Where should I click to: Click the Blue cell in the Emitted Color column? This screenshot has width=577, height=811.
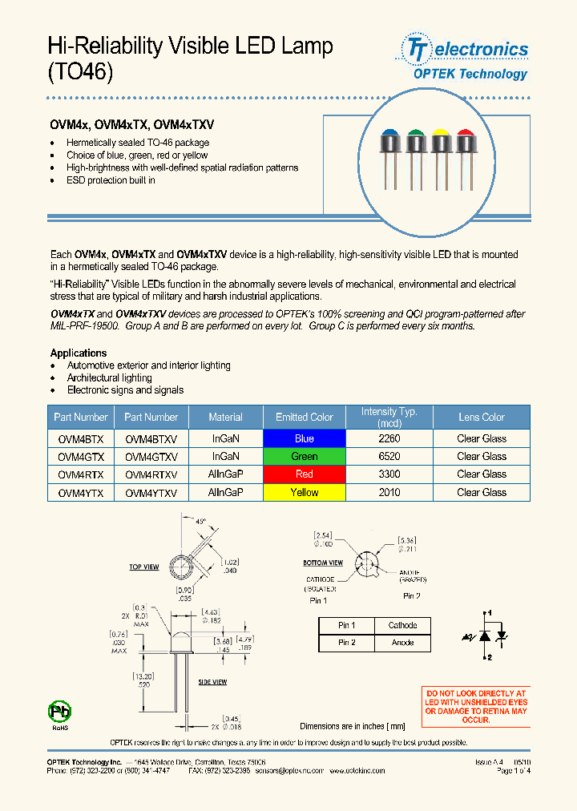point(305,438)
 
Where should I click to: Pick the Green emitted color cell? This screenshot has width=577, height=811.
point(305,457)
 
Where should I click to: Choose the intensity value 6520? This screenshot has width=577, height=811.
point(389,457)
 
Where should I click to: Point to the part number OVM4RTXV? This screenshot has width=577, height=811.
point(151,474)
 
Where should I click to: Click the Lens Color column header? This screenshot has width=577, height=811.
point(481,417)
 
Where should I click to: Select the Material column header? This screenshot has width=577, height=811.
point(225,417)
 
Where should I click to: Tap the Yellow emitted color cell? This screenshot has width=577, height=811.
point(305,493)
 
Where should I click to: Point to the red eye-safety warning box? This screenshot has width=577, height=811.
point(475,706)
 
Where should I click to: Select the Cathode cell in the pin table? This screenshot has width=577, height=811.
point(402,625)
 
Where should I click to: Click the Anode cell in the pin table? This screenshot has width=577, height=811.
point(402,643)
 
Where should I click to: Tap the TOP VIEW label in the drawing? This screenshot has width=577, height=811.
point(144,567)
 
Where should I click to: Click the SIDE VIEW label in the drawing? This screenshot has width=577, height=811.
point(212,682)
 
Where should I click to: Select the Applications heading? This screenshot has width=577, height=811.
point(79,353)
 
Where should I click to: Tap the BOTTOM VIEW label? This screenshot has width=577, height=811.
point(323,563)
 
